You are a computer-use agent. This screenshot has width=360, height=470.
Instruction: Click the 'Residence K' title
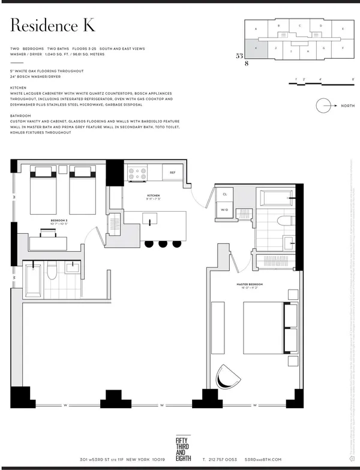(53, 26)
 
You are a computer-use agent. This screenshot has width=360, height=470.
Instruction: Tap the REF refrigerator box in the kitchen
(172, 172)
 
